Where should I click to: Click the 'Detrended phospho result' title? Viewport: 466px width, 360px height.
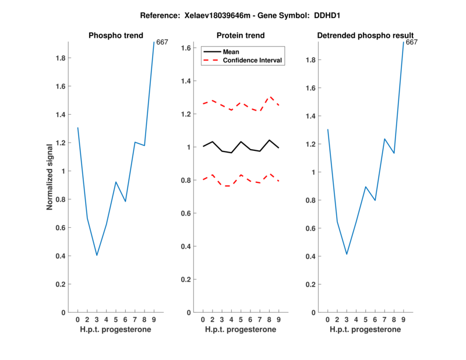pyautogui.click(x=365, y=36)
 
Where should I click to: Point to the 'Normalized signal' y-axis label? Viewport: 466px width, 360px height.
pyautogui.click(x=50, y=177)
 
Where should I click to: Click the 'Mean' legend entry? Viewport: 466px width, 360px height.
pyautogui.click(x=231, y=51)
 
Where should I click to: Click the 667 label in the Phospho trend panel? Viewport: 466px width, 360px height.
pyautogui.click(x=163, y=42)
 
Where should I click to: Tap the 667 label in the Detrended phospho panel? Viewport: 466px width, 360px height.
pyautogui.click(x=412, y=42)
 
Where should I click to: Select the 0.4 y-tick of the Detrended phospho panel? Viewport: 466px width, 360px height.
pyautogui.click(x=310, y=256)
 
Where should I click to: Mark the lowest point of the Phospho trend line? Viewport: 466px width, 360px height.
pyautogui.click(x=97, y=255)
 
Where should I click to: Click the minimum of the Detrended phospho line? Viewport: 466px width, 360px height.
pyautogui.click(x=347, y=254)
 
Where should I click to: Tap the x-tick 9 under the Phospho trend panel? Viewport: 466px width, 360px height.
pyautogui.click(x=154, y=319)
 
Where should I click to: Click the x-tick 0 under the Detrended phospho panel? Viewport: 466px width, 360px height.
pyautogui.click(x=328, y=319)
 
